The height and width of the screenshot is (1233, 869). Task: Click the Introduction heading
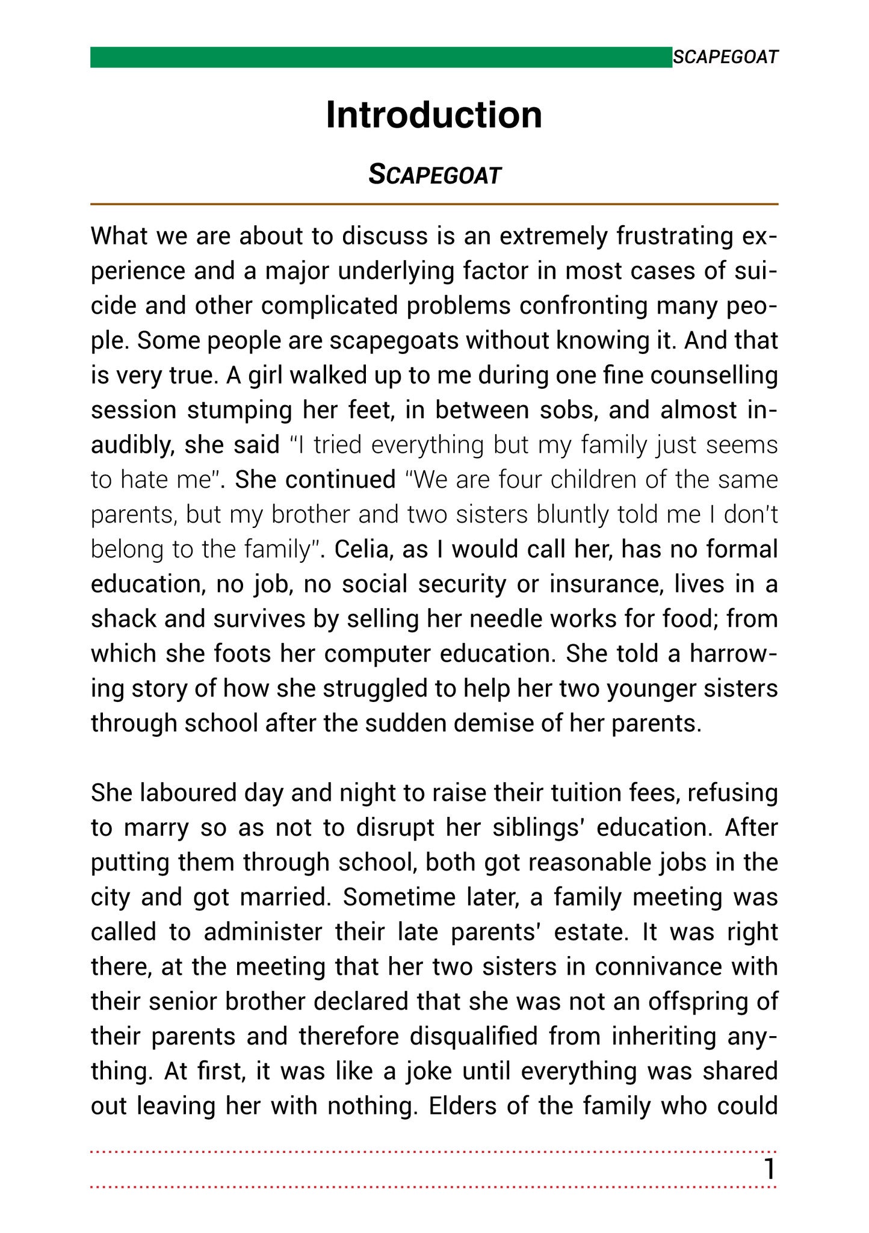[x=434, y=114]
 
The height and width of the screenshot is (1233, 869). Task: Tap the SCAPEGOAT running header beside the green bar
[x=725, y=57]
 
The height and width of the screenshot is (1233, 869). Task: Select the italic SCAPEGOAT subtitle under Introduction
[x=434, y=175]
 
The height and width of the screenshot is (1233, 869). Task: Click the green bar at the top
[x=380, y=57]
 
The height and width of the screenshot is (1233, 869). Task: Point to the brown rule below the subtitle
[x=434, y=205]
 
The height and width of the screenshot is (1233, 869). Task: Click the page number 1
[x=768, y=1169]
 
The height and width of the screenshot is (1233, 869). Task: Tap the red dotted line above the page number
[x=434, y=1152]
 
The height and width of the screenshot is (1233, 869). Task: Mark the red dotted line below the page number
[x=434, y=1187]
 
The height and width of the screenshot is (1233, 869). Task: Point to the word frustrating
[x=675, y=237]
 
